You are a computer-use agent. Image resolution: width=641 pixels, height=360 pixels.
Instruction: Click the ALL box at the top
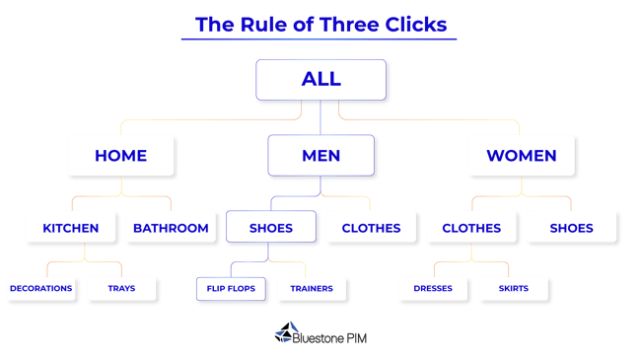tap(320, 80)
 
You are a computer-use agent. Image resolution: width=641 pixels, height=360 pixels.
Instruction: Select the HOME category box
tap(120, 156)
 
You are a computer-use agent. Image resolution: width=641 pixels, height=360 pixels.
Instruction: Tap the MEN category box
tap(320, 156)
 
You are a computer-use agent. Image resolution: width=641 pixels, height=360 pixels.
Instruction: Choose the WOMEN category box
tap(521, 156)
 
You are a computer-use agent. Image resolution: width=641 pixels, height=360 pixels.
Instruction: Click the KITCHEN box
tap(71, 228)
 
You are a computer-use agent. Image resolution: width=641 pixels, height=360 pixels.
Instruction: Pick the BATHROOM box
tap(171, 228)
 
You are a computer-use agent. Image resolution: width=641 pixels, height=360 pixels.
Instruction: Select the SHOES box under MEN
tap(271, 228)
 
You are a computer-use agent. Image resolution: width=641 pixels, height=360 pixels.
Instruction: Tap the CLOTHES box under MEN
tap(371, 228)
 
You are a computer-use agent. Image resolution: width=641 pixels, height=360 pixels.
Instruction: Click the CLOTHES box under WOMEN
tap(471, 228)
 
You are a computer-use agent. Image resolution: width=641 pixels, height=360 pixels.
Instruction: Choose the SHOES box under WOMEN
tap(571, 228)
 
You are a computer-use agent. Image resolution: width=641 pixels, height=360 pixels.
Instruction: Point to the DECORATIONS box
tap(40, 289)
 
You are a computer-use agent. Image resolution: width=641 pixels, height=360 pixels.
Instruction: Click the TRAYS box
tap(121, 289)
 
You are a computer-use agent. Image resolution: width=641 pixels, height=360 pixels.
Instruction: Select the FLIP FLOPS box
tap(231, 289)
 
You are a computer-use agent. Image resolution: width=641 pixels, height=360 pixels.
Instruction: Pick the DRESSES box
tap(433, 289)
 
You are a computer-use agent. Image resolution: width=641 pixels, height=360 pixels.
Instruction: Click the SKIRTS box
tap(514, 289)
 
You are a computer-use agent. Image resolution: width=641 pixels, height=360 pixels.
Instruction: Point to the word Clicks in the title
tap(413, 25)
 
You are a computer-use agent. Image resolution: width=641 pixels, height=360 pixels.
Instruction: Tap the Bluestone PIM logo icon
tap(283, 333)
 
